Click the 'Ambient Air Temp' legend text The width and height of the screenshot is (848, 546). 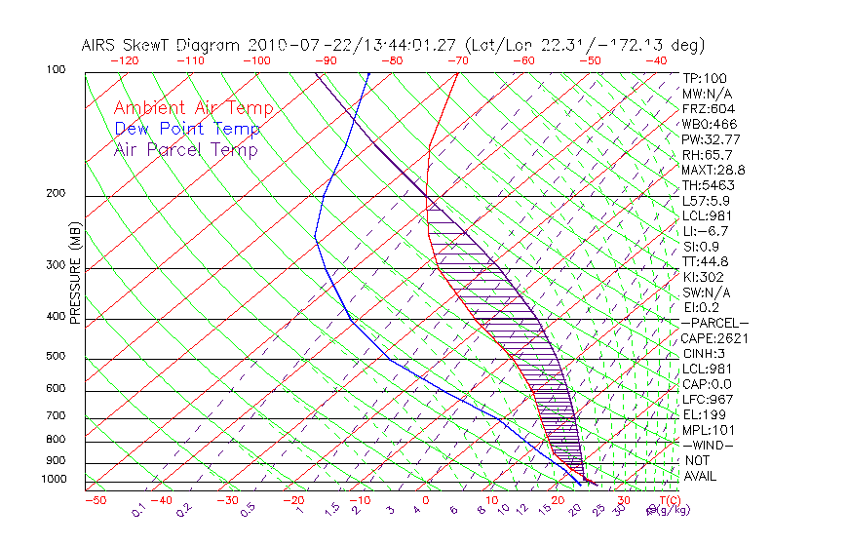(x=193, y=108)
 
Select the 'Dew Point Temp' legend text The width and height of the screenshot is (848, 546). (x=186, y=129)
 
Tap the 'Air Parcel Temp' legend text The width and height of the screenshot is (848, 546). (x=185, y=149)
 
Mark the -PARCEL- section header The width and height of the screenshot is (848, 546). (x=714, y=323)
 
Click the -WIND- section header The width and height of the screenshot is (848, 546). (x=708, y=445)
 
